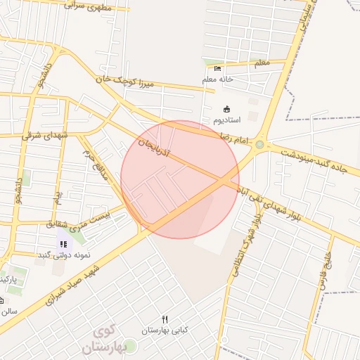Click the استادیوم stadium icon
226,109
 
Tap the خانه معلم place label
217,79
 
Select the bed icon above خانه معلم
217,68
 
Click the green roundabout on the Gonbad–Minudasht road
260,145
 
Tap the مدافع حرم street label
95,163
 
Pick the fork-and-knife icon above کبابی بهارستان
165,319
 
